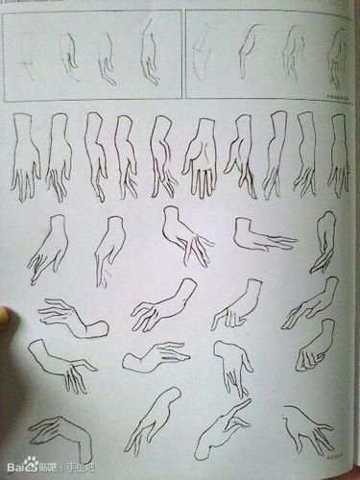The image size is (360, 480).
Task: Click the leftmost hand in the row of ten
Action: click(26, 154)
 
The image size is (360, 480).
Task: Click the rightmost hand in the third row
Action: click(324, 240)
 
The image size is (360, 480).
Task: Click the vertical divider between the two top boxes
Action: click(183, 54)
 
